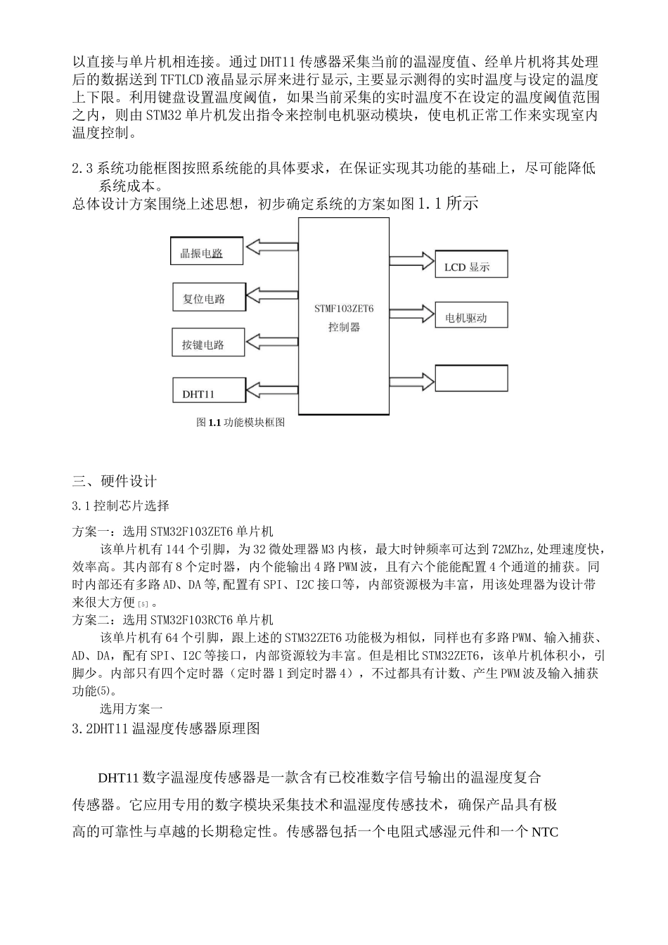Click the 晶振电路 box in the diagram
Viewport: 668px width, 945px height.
(x=207, y=252)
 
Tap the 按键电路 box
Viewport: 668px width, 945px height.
(x=208, y=344)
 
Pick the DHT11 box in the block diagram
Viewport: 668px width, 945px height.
(x=209, y=394)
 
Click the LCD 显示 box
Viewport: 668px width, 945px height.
(x=471, y=265)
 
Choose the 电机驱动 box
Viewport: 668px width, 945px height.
(x=471, y=316)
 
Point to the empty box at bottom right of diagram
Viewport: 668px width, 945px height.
(x=471, y=378)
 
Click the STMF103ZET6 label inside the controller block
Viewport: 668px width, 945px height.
(x=344, y=308)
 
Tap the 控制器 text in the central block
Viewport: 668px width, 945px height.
(x=344, y=327)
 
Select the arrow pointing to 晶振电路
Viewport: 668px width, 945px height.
(x=271, y=247)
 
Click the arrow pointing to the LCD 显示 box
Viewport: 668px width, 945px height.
(x=411, y=260)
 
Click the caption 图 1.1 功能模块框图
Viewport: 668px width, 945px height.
(x=240, y=423)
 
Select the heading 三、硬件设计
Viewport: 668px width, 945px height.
(x=114, y=482)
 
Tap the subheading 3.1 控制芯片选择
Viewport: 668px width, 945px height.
(x=120, y=506)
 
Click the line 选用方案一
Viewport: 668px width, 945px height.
(x=131, y=709)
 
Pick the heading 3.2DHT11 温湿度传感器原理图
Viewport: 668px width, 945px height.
(x=166, y=729)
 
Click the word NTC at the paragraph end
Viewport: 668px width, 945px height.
(x=544, y=832)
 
